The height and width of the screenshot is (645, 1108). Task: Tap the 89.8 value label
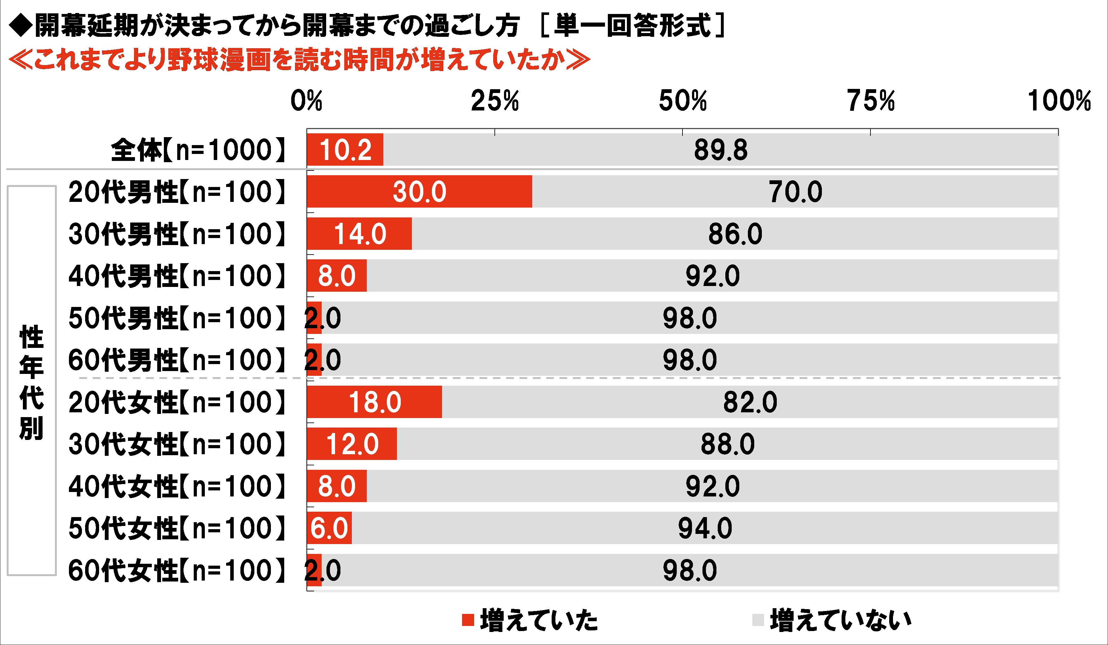click(721, 150)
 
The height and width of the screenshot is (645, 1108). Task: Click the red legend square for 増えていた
click(468, 620)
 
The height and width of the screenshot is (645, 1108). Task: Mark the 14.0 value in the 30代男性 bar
click(360, 234)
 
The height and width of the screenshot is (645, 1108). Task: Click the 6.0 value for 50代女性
click(329, 528)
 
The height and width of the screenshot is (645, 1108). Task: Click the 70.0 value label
click(796, 192)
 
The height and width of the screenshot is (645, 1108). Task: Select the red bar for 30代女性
click(352, 444)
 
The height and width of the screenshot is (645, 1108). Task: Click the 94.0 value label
click(705, 528)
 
